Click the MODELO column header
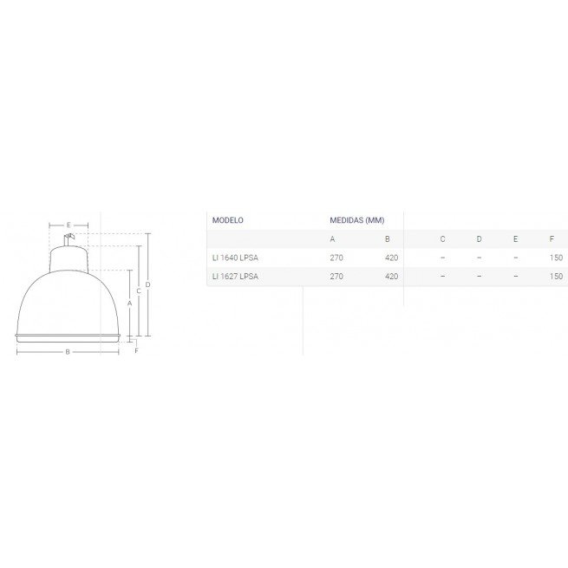pos(227,220)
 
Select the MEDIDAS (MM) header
pos(356,220)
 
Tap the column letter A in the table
pos(332,239)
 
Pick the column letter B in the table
pos(388,239)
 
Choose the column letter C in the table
pos(442,239)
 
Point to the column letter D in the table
pos(479,239)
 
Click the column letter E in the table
pos(515,239)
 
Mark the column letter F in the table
pos(552,239)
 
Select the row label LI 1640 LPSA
pos(235,258)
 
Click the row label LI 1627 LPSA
pos(235,277)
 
